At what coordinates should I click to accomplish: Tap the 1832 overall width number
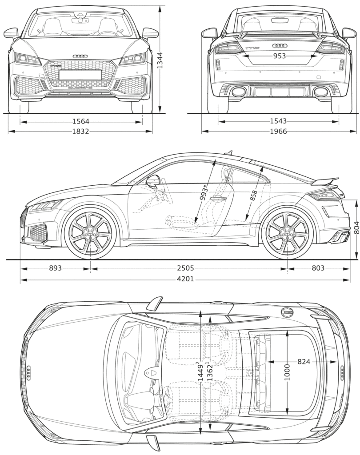point(81,131)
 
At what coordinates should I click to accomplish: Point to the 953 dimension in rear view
point(279,56)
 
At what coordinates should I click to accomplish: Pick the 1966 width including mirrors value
point(278,131)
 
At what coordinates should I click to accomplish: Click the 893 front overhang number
point(55,268)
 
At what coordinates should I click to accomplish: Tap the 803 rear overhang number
point(318,268)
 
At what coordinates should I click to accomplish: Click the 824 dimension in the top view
point(304,362)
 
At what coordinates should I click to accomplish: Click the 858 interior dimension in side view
point(254,196)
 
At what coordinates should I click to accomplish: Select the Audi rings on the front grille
point(80,56)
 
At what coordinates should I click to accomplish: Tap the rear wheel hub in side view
point(287,234)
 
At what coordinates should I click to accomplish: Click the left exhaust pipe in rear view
point(239,92)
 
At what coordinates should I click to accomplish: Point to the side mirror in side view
point(153,181)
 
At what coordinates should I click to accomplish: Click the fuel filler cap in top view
point(288,313)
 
